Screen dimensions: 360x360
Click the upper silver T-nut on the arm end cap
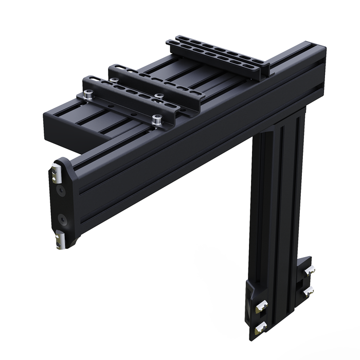(x=57, y=173)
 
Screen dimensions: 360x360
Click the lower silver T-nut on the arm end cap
(x=60, y=239)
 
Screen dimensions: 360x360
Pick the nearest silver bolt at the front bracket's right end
(x=157, y=120)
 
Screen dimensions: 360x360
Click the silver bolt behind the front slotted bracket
(x=160, y=96)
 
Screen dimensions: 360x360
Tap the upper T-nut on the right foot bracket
(x=310, y=270)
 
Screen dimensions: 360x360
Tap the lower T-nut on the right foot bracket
(x=309, y=292)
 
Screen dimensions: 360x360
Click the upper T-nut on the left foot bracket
(x=261, y=307)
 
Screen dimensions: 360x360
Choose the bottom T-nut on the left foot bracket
(x=261, y=326)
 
